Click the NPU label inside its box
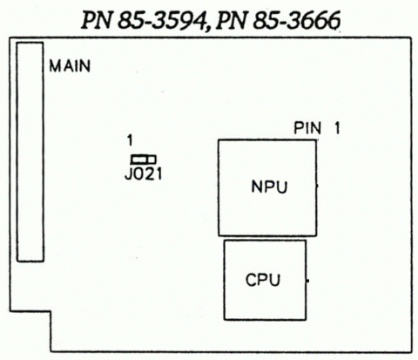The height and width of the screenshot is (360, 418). coord(267,187)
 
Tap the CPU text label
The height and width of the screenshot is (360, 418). coord(262,281)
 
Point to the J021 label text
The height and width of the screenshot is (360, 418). coord(144,173)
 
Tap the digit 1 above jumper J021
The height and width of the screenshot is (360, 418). coord(129,139)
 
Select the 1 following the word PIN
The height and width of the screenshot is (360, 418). coord(335,129)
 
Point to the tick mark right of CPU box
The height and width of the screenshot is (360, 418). coord(309,281)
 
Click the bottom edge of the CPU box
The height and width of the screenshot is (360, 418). coord(265,319)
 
